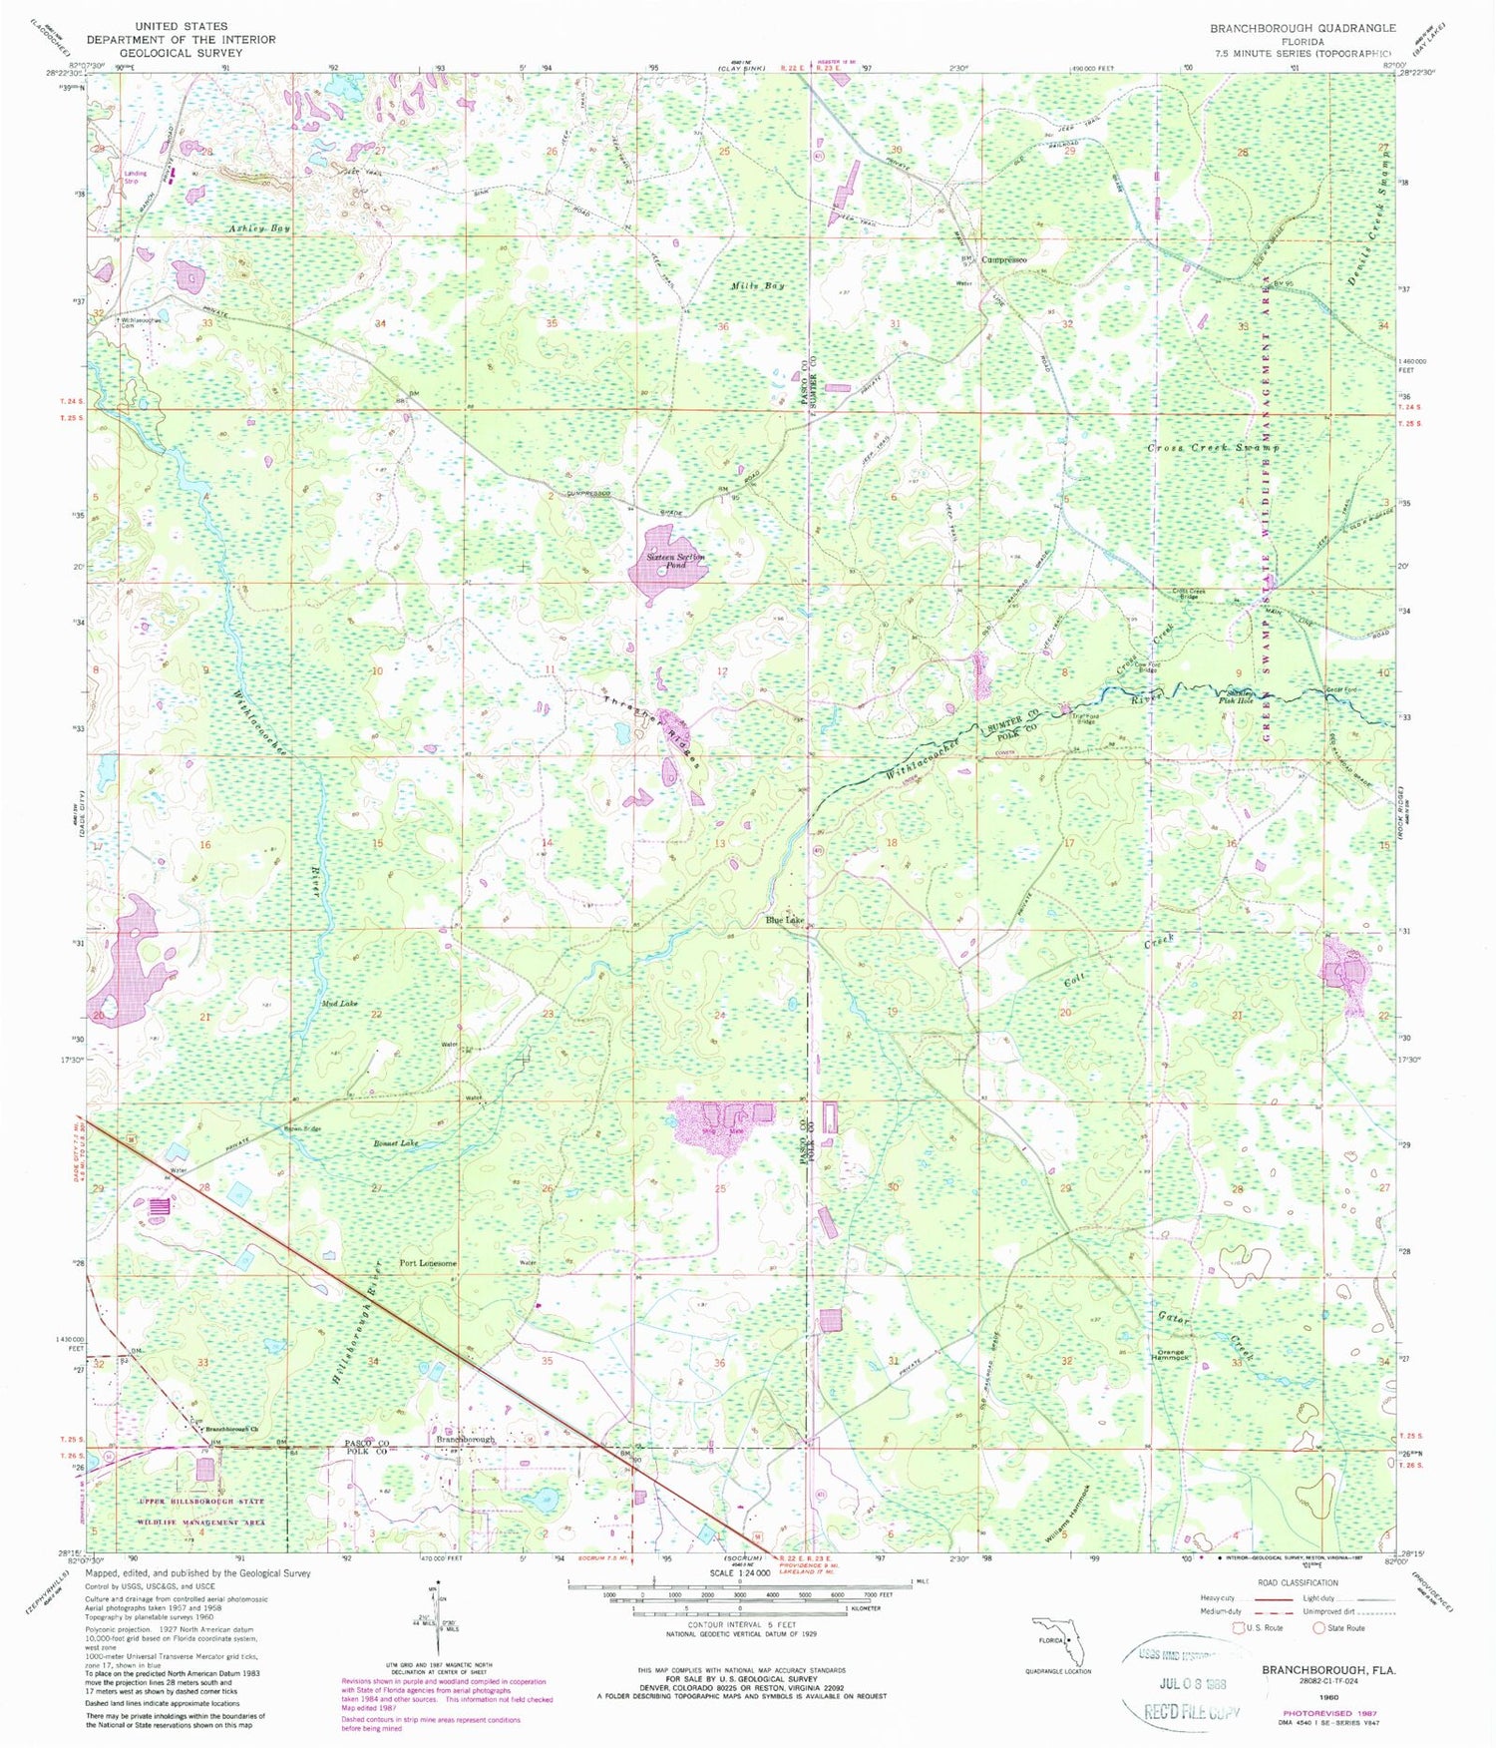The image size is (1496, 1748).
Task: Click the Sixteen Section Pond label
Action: [675, 561]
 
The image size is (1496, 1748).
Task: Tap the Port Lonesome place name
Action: [428, 1263]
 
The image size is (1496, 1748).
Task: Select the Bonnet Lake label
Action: [396, 1143]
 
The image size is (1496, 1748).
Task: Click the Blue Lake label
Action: [785, 920]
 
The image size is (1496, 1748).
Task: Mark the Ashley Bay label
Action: [258, 228]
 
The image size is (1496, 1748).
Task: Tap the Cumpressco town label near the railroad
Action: [1003, 259]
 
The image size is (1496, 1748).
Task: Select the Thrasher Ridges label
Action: [652, 730]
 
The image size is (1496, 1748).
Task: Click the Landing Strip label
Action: [135, 177]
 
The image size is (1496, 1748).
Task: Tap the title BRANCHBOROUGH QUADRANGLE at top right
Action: [1302, 28]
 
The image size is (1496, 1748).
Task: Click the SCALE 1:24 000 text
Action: [739, 1572]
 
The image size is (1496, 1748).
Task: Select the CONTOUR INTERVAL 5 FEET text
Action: [740, 1624]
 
